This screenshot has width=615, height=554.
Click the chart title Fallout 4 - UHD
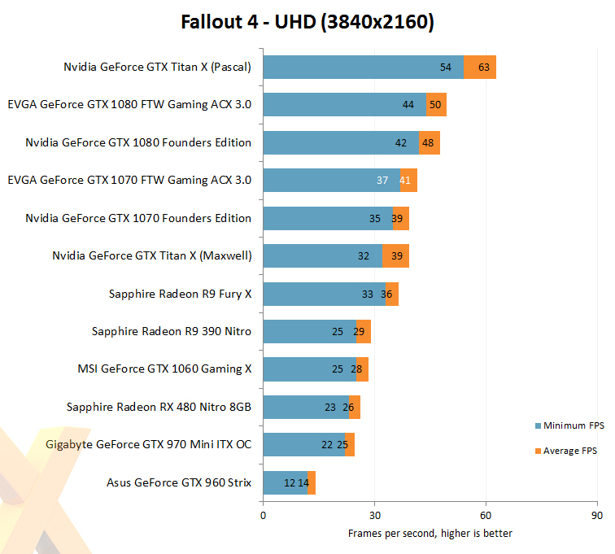(248, 22)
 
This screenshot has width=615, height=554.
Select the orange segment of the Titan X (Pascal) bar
(480, 67)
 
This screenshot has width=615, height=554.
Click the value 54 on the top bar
(446, 67)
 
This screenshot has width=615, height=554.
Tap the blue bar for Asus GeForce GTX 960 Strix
(286, 482)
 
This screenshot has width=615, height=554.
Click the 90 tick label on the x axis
(597, 515)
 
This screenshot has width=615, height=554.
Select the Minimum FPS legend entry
(570, 425)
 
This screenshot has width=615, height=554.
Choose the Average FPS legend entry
(566, 451)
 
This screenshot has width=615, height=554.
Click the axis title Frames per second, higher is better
(430, 534)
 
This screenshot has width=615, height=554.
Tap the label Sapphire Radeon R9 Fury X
(180, 294)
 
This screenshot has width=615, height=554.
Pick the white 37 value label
(382, 180)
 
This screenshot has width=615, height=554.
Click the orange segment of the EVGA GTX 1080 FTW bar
(436, 104)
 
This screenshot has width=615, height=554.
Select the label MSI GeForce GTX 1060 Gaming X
(164, 369)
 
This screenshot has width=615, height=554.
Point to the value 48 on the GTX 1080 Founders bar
(428, 143)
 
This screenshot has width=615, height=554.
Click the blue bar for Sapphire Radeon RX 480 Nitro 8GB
(306, 407)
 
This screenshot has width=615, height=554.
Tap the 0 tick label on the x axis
(264, 515)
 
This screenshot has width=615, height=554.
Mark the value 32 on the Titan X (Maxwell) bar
(364, 256)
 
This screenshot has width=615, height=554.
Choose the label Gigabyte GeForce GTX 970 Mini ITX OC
(149, 444)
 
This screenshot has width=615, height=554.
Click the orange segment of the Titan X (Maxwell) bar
(395, 255)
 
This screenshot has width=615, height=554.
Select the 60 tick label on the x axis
(486, 515)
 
